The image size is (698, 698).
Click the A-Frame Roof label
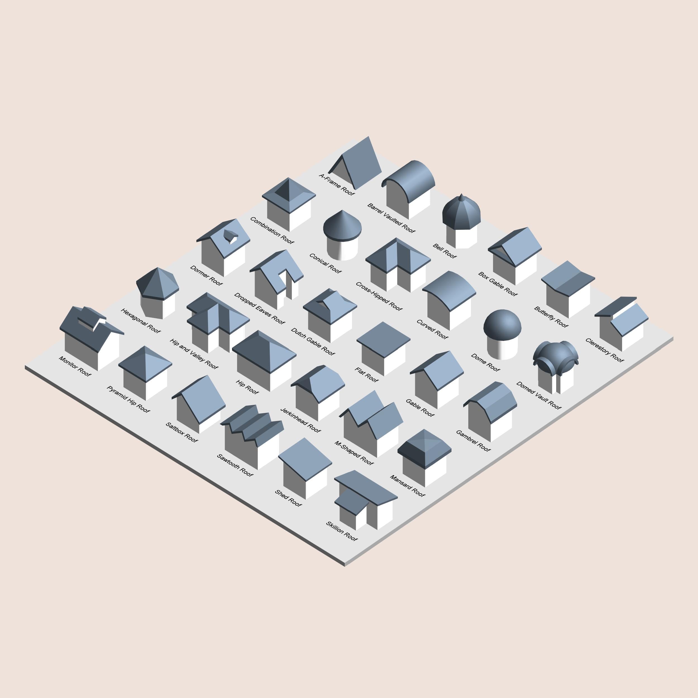tap(337, 185)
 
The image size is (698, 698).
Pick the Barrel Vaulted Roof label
tap(391, 218)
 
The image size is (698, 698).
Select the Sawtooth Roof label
tap(235, 465)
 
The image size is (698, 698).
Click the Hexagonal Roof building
tap(157, 293)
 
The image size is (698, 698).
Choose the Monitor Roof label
tap(75, 366)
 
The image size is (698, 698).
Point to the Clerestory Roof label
tap(604, 350)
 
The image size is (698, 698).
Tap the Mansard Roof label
tap(407, 486)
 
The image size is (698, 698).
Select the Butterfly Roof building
tap(568, 289)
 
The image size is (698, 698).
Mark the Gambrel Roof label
tap(473, 440)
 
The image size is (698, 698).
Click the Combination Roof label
tap(272, 230)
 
